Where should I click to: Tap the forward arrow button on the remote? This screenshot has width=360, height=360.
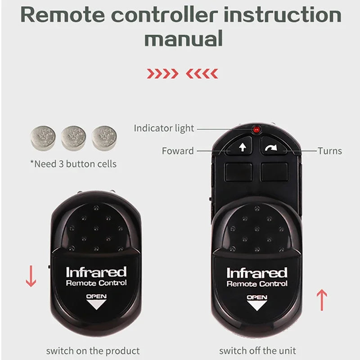coord(242,147)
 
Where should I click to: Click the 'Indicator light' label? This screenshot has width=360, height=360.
coord(164,128)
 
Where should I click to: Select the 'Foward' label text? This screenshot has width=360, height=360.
coord(178,151)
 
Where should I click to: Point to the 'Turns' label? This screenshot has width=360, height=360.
coord(329,151)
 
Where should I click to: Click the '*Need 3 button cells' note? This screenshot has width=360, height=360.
coord(73,163)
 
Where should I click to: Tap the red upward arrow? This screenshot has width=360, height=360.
coord(322,300)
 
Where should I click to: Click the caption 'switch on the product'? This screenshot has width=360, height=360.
coord(93,350)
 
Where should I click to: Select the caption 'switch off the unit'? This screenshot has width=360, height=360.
coord(258,350)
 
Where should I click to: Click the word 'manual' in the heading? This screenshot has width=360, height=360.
coord(183,39)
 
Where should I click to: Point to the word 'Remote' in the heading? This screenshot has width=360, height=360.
coord(64,15)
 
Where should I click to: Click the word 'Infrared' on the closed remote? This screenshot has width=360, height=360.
coord(96,272)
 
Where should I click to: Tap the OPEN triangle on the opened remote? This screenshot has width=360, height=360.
coord(257,304)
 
